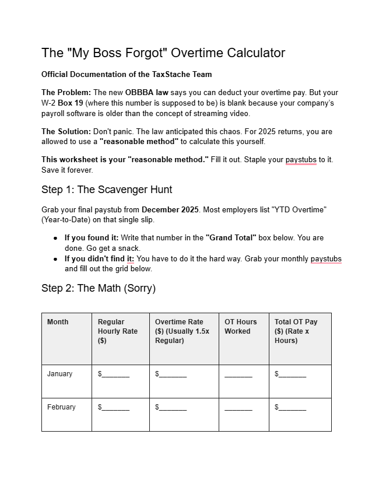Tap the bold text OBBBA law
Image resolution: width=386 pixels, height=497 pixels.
pyautogui.click(x=146, y=93)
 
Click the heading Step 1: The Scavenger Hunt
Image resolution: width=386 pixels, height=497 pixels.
pyautogui.click(x=107, y=190)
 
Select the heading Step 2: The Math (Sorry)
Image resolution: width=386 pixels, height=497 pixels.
pyautogui.click(x=99, y=288)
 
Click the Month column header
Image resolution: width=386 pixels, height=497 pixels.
pyautogui.click(x=58, y=322)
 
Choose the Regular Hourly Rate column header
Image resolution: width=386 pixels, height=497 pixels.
pyautogui.click(x=117, y=331)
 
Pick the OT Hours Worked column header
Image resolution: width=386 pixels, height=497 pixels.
pyautogui.click(x=240, y=326)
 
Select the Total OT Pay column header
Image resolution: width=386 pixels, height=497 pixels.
pyautogui.click(x=296, y=331)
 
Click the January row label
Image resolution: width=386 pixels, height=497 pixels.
pyautogui.click(x=60, y=374)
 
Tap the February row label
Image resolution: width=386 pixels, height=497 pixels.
pyautogui.click(x=61, y=407)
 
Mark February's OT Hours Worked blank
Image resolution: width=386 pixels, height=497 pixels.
pyautogui.click(x=238, y=408)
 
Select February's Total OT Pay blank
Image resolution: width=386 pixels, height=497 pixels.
pyautogui.click(x=292, y=408)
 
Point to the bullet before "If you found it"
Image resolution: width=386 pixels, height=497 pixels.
pyautogui.click(x=55, y=239)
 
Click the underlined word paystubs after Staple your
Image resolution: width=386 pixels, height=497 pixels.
pyautogui.click(x=301, y=160)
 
